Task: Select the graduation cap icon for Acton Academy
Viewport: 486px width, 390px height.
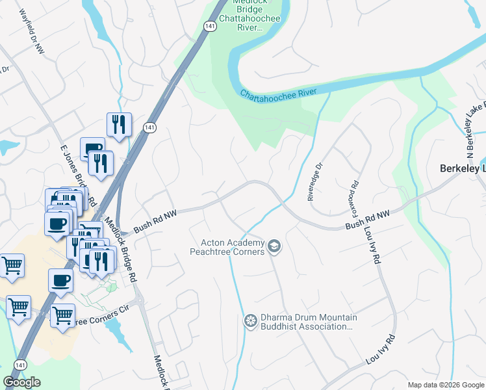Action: pos(274,246)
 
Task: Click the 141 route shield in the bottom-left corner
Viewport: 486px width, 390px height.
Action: pos(19,365)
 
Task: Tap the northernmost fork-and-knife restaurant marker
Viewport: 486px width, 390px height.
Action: pos(119,124)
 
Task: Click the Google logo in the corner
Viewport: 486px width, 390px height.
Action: pos(22,382)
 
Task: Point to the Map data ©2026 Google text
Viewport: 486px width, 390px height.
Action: pos(445,385)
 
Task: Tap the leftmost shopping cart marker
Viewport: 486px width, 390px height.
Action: pos(12,265)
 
